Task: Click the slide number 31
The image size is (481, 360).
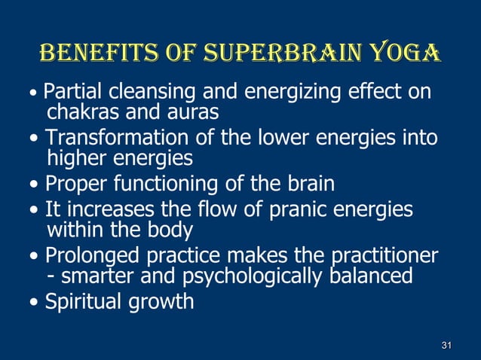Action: click(446, 346)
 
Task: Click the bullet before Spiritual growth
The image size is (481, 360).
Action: click(38, 303)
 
